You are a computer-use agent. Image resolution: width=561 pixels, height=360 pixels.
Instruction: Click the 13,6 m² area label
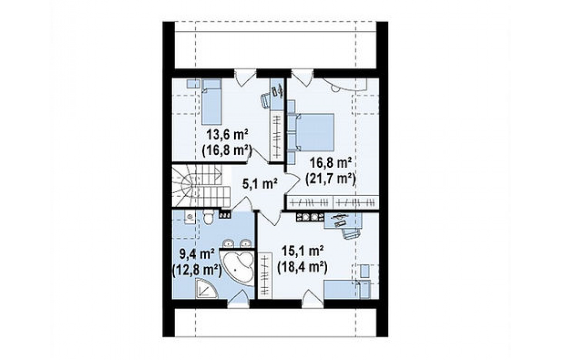pyautogui.click(x=227, y=135)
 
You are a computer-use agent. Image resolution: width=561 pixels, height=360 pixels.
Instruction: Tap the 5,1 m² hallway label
pyautogui.click(x=260, y=184)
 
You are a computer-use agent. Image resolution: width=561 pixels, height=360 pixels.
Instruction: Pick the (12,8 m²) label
pyautogui.click(x=196, y=269)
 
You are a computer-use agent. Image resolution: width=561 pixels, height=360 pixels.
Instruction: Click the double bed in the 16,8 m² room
pyautogui.click(x=315, y=132)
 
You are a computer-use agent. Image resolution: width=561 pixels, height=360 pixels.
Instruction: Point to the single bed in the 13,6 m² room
pyautogui.click(x=211, y=102)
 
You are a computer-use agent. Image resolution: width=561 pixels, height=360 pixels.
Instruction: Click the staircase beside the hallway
pyautogui.click(x=201, y=185)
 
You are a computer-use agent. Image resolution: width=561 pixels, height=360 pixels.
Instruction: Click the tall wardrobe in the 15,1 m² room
pyautogui.click(x=265, y=275)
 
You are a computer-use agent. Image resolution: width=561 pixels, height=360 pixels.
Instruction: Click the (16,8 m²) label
pyautogui.click(x=227, y=150)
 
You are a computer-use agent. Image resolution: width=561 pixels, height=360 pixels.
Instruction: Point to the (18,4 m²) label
pyautogui.click(x=303, y=267)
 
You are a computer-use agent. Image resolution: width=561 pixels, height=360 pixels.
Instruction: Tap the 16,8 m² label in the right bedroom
pyautogui.click(x=331, y=163)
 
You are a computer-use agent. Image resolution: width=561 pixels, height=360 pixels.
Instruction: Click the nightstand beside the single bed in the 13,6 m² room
pyautogui.click(x=193, y=83)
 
